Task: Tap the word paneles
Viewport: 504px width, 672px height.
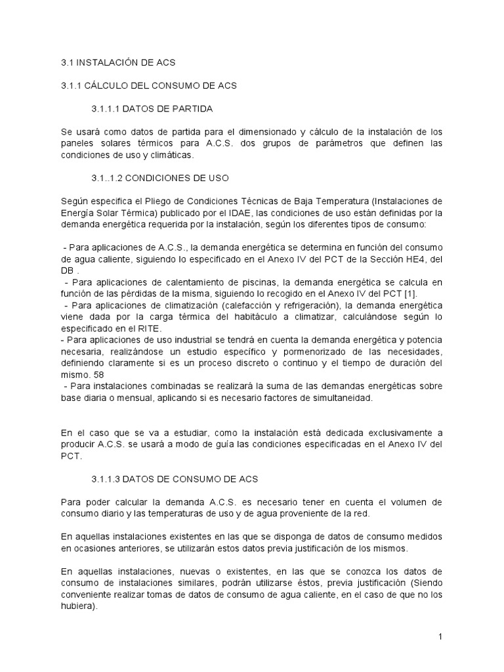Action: point(74,143)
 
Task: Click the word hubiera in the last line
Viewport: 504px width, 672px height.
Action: point(77,606)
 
